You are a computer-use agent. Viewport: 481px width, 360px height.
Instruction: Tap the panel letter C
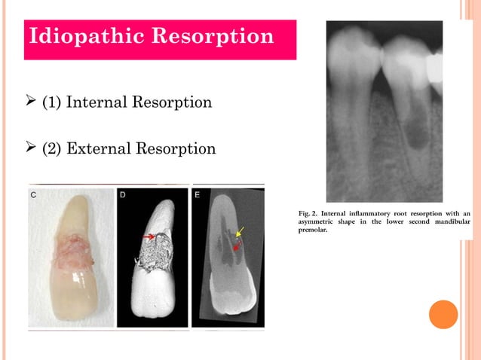click(x=34, y=194)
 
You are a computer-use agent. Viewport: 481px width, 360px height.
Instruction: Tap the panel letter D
click(x=123, y=194)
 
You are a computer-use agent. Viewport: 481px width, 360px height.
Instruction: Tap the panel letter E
click(x=198, y=194)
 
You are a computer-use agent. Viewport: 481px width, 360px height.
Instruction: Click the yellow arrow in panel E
click(x=240, y=231)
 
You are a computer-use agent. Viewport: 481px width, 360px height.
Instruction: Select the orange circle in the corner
click(x=443, y=314)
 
